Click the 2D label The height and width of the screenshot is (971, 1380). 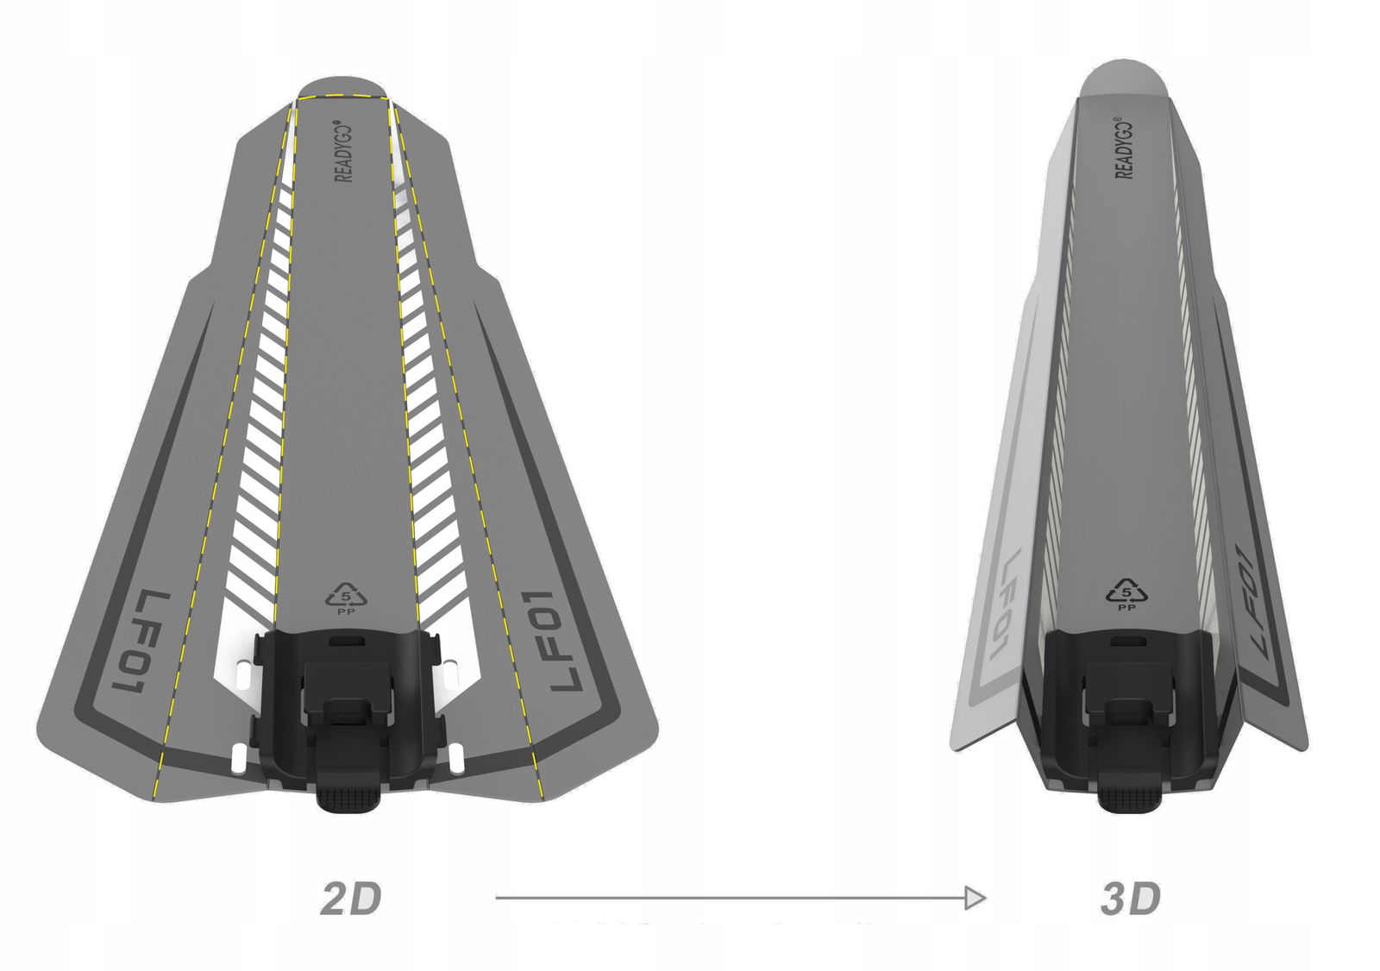(351, 899)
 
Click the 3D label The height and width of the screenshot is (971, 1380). (1131, 899)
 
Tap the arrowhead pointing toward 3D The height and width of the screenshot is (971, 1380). (975, 898)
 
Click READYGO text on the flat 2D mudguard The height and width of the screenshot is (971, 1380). (344, 150)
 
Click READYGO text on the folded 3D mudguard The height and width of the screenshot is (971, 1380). (1125, 147)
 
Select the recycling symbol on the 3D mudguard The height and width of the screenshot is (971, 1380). (1126, 593)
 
